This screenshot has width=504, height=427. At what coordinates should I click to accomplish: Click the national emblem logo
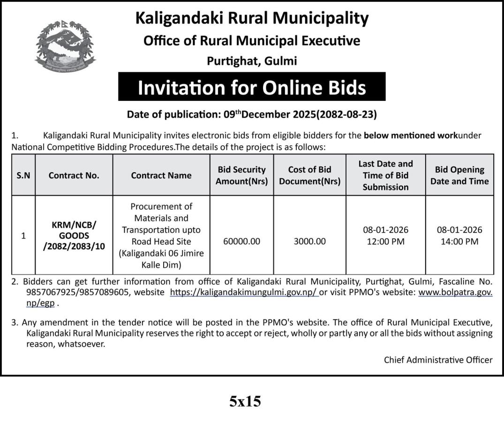65,47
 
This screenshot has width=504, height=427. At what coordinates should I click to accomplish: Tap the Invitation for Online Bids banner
252,87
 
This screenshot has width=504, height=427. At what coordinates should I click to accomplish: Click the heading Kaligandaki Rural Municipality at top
252,18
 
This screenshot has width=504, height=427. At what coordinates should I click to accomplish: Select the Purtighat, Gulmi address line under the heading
252,61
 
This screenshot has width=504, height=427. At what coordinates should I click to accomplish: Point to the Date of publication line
252,114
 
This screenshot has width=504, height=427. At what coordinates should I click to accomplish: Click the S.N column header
23,175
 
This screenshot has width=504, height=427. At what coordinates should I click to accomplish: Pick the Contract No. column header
74,175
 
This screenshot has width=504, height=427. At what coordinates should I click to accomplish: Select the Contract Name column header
161,175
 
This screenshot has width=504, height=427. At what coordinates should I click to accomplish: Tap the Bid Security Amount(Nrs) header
241,175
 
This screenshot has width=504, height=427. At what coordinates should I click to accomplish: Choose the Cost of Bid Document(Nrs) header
309,175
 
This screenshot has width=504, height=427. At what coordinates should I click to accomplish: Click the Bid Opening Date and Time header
459,175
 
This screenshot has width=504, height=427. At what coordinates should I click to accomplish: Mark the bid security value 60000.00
241,242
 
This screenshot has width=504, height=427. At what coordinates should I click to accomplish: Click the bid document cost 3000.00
309,242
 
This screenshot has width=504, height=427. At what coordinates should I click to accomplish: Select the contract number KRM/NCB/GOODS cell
74,236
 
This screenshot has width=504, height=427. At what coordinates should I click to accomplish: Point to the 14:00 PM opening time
459,242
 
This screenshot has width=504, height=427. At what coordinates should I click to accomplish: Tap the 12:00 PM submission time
385,242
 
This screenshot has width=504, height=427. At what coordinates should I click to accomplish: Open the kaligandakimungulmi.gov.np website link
244,292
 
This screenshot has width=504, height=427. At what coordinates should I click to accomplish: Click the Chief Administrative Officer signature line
438,360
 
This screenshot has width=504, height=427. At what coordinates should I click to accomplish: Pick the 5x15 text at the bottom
245,402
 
